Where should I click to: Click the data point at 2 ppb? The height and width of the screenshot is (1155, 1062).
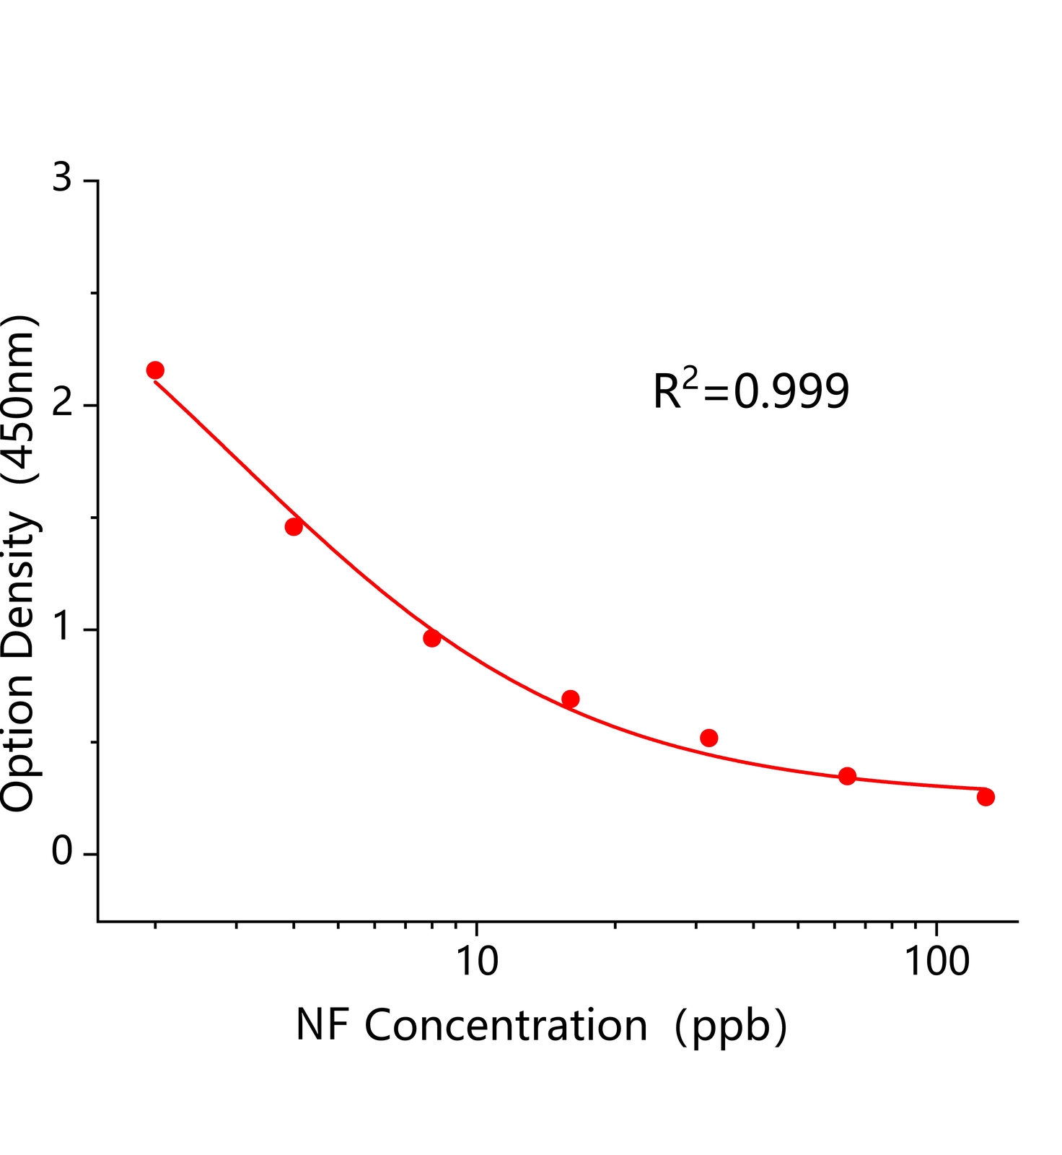tap(155, 370)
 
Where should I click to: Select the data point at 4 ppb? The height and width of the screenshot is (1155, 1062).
tap(294, 527)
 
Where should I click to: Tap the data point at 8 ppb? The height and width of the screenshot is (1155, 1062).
tap(432, 638)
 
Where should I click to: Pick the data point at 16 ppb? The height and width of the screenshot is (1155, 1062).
tap(571, 699)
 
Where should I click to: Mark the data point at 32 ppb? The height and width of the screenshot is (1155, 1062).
tap(709, 738)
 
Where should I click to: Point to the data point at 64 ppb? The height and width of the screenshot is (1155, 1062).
tap(848, 776)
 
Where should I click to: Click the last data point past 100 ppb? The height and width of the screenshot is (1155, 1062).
tap(986, 797)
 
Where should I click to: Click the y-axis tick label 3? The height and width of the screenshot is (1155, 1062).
tap(63, 178)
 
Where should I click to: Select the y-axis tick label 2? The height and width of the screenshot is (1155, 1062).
tap(63, 404)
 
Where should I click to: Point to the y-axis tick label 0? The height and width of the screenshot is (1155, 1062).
tap(63, 853)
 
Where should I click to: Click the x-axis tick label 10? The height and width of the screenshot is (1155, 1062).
tap(476, 962)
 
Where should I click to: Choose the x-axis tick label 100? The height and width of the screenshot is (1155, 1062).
tap(936, 962)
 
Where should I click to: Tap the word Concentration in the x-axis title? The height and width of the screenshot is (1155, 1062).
tap(506, 1025)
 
